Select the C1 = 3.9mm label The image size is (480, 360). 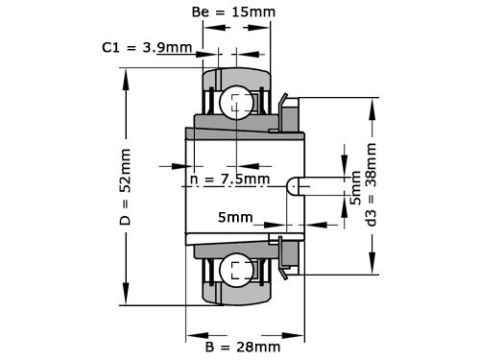[147, 46]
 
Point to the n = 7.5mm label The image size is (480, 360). [229, 179]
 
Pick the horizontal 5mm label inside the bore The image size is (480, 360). [236, 217]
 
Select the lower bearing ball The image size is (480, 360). [235, 269]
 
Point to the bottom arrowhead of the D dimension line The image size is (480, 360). [125, 300]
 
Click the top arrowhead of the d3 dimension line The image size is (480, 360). [372, 103]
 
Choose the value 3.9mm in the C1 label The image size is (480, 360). [167, 46]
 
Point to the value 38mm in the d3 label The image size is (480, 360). [371, 165]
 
